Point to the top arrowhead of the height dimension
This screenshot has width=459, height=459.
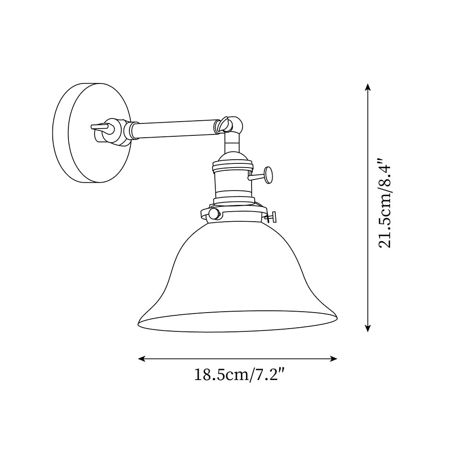tap(367, 87)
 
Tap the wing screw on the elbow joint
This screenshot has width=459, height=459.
tap(224, 122)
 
